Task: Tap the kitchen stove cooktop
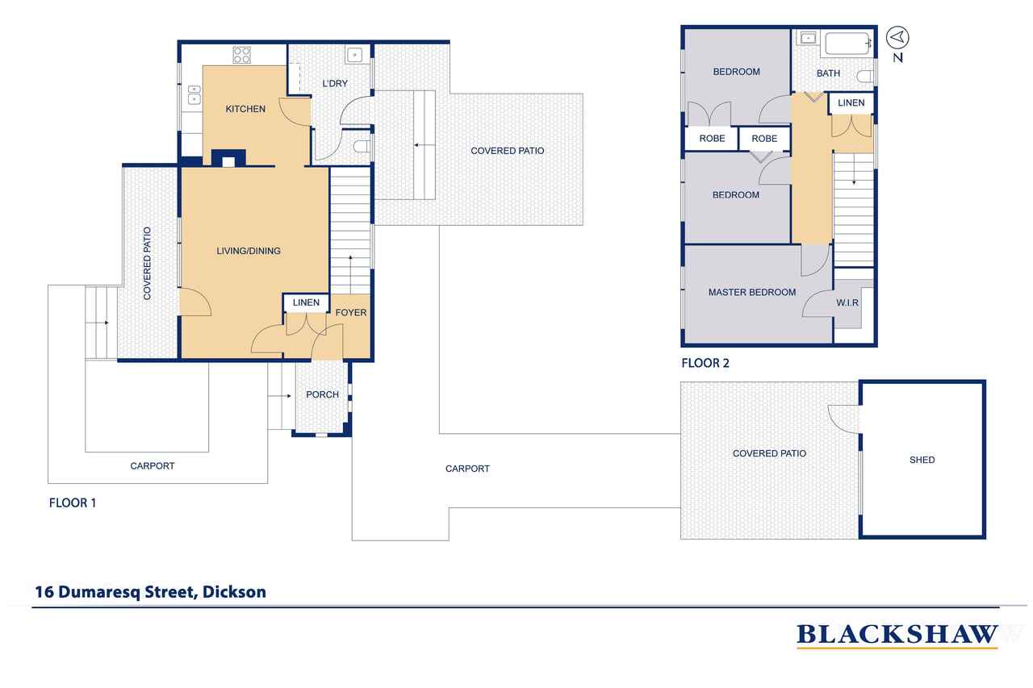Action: click(x=241, y=55)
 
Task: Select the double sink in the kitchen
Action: click(x=194, y=95)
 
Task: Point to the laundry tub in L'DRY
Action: click(x=354, y=56)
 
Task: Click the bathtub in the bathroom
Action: click(x=847, y=44)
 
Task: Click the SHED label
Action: click(x=922, y=460)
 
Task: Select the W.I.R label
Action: click(x=847, y=302)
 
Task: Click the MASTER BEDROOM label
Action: click(x=751, y=292)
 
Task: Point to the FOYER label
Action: click(x=351, y=312)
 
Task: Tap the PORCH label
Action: click(x=322, y=394)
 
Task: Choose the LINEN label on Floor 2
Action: click(x=851, y=102)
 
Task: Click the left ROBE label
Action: click(x=712, y=138)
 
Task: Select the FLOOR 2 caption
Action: click(x=705, y=363)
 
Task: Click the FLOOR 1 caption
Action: click(x=73, y=502)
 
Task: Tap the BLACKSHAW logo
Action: click(x=897, y=636)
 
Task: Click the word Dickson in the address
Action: click(x=234, y=592)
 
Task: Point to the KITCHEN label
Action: click(x=245, y=109)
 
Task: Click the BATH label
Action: click(x=828, y=73)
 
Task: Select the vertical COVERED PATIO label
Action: click(x=147, y=263)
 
